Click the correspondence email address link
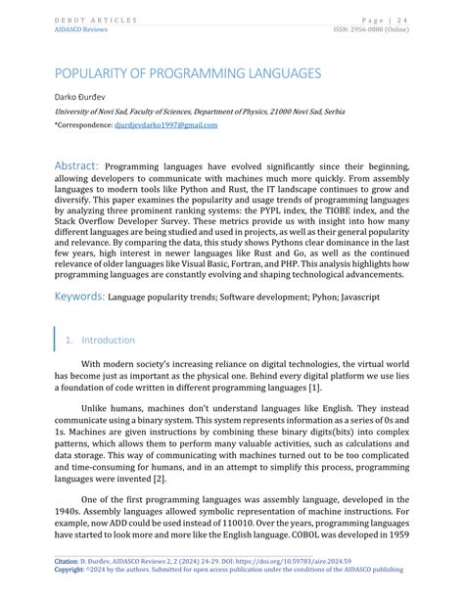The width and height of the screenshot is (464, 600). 166,125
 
